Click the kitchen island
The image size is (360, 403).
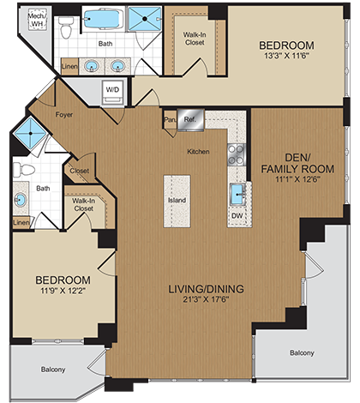pyautogui.click(x=178, y=201)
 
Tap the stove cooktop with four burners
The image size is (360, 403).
pyautogui.click(x=237, y=155)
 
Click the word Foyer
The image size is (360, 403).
pyautogui.click(x=64, y=112)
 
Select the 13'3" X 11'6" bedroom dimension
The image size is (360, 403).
pyautogui.click(x=286, y=58)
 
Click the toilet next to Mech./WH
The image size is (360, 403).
pyautogui.click(x=66, y=30)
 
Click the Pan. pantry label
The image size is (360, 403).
pyautogui.click(x=169, y=121)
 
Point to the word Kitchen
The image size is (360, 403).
pyautogui.click(x=199, y=152)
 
